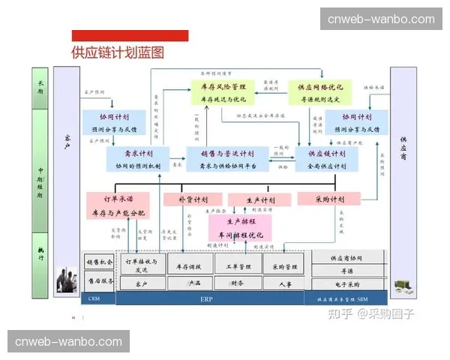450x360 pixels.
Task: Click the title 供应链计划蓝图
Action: click(x=118, y=52)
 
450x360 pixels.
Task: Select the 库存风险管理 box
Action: click(x=223, y=92)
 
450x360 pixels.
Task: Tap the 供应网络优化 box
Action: click(x=320, y=92)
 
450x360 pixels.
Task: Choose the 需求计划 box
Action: click(x=139, y=159)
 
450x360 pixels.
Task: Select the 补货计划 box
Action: click(x=193, y=199)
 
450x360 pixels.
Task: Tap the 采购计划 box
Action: click(x=329, y=199)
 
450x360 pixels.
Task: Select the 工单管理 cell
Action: click(x=238, y=265)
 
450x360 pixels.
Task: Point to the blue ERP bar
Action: click(x=207, y=298)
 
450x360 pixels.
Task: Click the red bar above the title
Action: click(x=130, y=35)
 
